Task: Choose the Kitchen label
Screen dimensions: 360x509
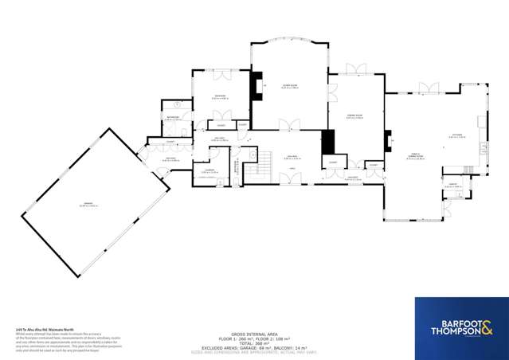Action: [x=456, y=135]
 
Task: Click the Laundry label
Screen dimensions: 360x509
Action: [x=209, y=170]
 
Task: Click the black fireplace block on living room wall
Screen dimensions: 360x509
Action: [x=256, y=85]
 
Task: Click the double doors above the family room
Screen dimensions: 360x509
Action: [x=429, y=87]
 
